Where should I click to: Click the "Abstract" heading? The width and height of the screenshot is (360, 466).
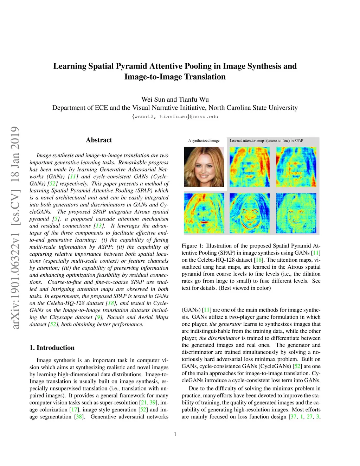99,140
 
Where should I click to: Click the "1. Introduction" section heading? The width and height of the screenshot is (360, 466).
52,347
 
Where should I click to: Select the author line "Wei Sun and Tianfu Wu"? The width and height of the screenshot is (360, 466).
175,99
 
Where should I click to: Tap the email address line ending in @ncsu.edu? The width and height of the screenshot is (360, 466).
175,116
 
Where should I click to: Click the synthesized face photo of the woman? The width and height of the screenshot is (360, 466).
204,167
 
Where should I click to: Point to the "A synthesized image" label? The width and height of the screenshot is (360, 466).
204,141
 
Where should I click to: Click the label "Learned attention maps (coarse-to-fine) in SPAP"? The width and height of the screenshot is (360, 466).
266,141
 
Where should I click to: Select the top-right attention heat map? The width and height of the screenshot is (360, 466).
296,167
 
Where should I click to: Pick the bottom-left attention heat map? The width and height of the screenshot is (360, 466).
204,213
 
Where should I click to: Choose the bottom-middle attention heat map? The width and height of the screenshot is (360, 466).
250,213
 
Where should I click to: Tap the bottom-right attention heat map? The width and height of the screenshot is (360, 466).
296,213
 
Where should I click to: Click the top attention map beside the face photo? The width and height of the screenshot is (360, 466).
250,167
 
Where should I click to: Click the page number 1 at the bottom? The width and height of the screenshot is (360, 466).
175,434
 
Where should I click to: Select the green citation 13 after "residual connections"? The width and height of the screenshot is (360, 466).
99,226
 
